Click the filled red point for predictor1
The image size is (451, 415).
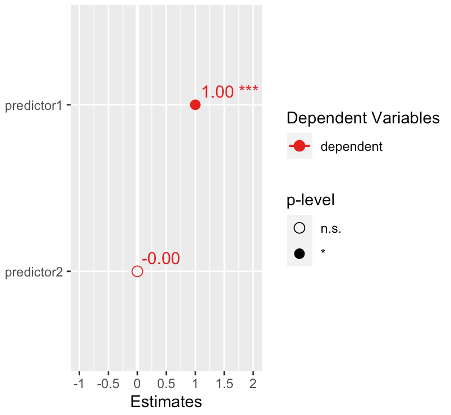point(195,105)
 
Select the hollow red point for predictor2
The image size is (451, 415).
point(137,271)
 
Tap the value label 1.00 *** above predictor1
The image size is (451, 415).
point(230,92)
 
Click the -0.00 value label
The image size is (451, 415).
point(160,259)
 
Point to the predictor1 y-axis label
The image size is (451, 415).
point(33,105)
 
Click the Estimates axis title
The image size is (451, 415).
point(166,402)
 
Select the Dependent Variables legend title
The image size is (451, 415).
point(362,118)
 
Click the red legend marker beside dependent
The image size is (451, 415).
point(299,146)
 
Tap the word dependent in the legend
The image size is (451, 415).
point(351,147)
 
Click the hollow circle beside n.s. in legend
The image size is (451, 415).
point(299,228)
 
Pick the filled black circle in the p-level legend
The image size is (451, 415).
point(299,253)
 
